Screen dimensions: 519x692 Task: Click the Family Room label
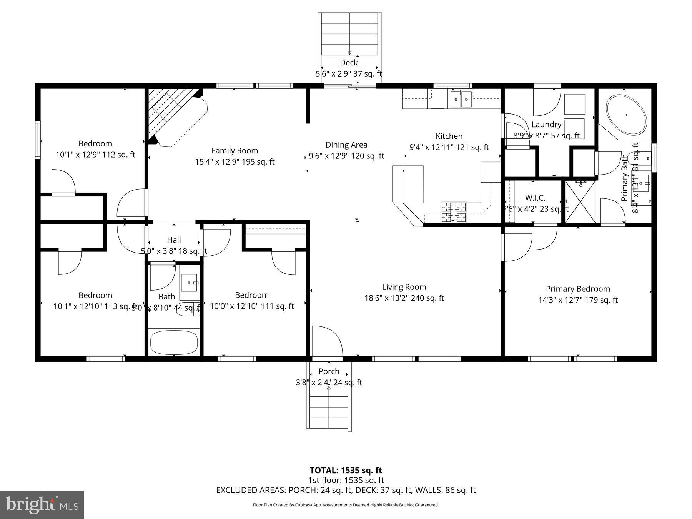point(235,151)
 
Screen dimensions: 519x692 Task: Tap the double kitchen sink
point(461,100)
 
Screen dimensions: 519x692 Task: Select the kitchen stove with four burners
point(454,212)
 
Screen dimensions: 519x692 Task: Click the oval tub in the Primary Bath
point(626,115)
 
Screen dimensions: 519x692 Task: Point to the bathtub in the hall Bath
point(174,342)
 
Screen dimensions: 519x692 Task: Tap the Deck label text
point(349,63)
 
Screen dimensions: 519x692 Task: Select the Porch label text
point(329,371)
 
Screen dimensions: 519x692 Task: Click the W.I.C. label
point(535,198)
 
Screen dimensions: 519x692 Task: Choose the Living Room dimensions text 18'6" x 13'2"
point(404,298)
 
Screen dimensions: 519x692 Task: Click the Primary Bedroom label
point(578,289)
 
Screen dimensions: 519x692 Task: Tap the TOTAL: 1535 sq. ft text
point(346,470)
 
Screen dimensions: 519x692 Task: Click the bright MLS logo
point(42,505)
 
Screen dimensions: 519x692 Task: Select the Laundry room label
point(546,125)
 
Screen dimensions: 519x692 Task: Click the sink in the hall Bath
point(190,283)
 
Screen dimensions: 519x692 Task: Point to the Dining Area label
point(346,145)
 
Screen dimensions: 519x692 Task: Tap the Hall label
point(174,240)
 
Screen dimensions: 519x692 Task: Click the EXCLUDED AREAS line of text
point(346,490)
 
